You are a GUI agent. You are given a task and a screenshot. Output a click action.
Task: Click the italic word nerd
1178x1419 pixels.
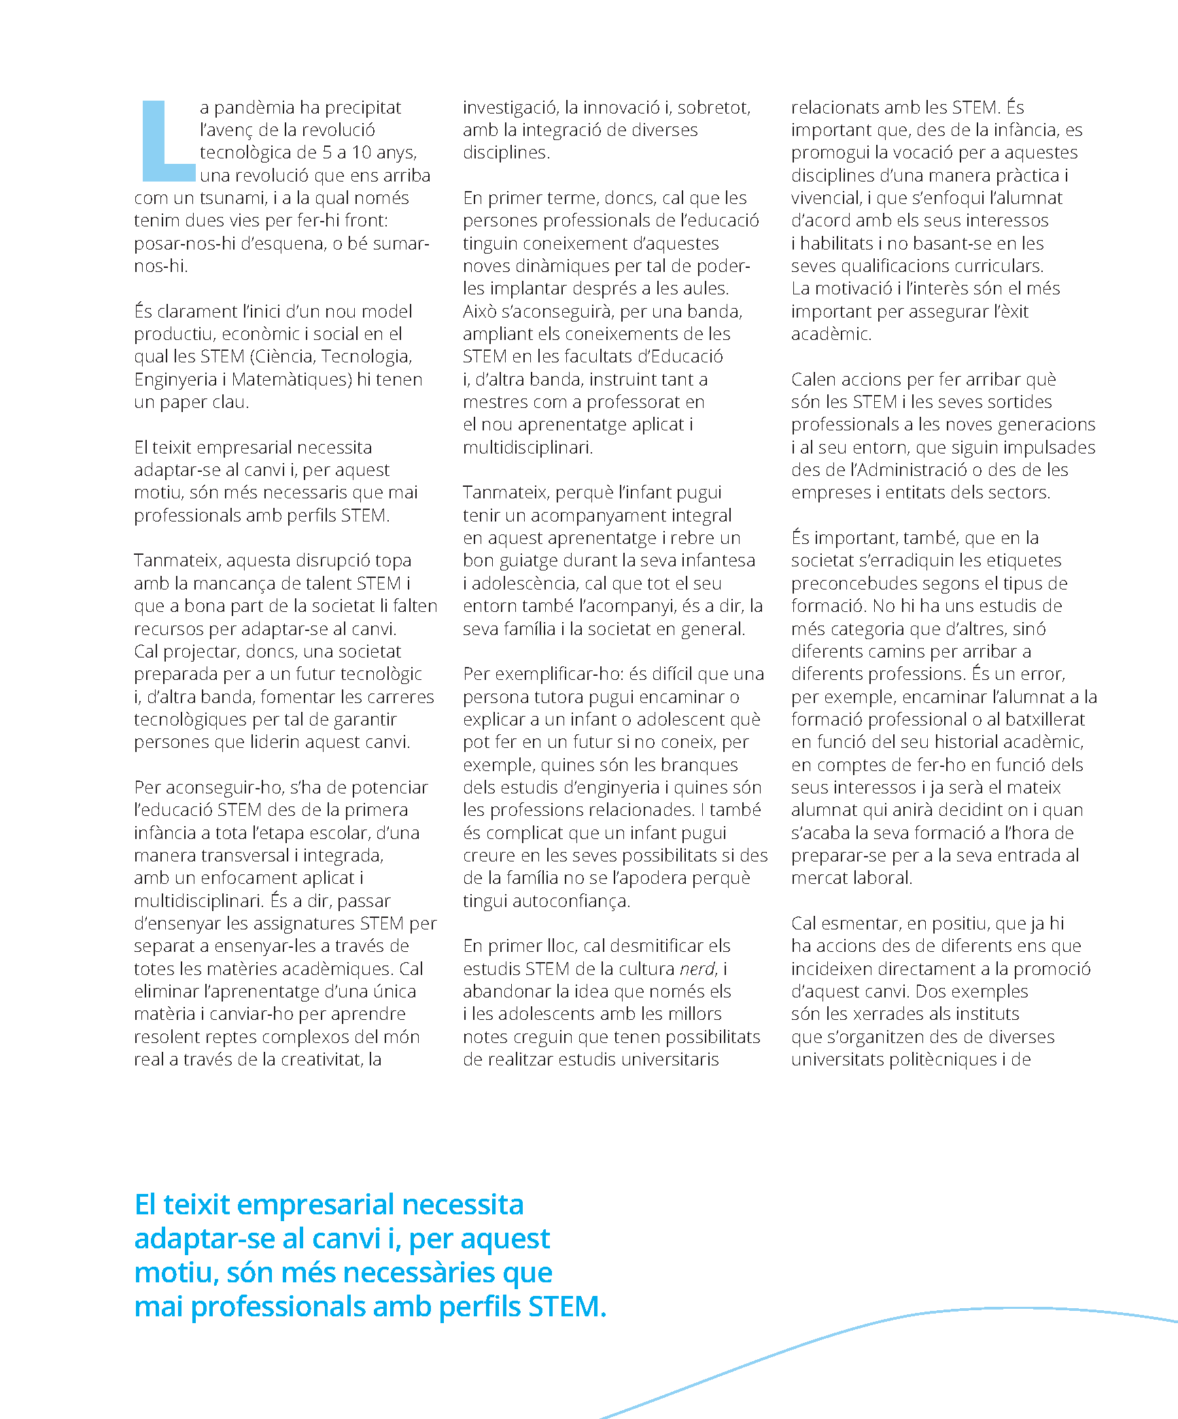698,969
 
